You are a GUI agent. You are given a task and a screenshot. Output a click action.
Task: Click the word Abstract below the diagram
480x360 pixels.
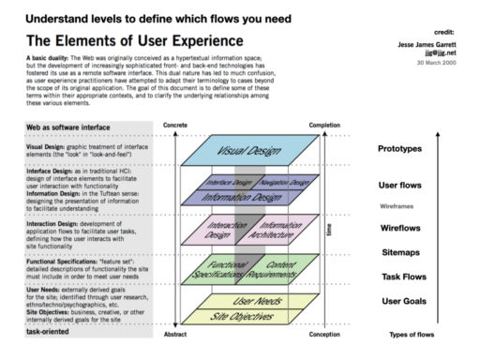tap(174, 334)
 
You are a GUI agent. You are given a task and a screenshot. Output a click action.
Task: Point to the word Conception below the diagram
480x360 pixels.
tap(323, 334)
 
